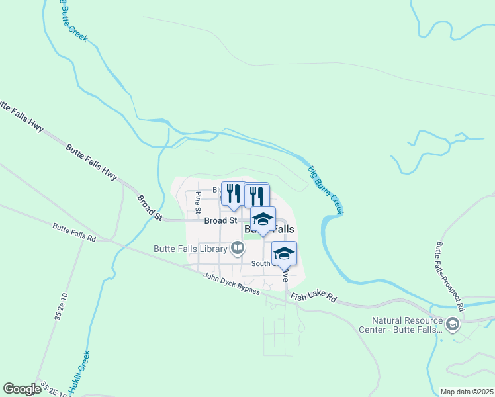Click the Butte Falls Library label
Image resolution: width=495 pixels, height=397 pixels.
coord(190,249)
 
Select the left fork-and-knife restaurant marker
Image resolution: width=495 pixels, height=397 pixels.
coord(232,194)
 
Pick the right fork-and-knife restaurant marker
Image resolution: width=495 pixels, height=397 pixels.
coord(257,195)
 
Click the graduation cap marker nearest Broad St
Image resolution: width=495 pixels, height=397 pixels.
coord(263,219)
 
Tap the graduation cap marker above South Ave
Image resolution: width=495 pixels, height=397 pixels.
coord(284,253)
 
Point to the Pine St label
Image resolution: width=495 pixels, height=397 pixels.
coord(198,202)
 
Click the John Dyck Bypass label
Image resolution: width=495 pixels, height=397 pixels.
coord(231,285)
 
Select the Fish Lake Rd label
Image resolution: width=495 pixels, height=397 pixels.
coord(314,298)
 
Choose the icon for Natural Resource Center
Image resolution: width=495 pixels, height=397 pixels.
coord(453,324)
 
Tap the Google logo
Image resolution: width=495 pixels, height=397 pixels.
coord(22,389)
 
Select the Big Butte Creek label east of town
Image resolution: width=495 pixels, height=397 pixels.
coord(326,189)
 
